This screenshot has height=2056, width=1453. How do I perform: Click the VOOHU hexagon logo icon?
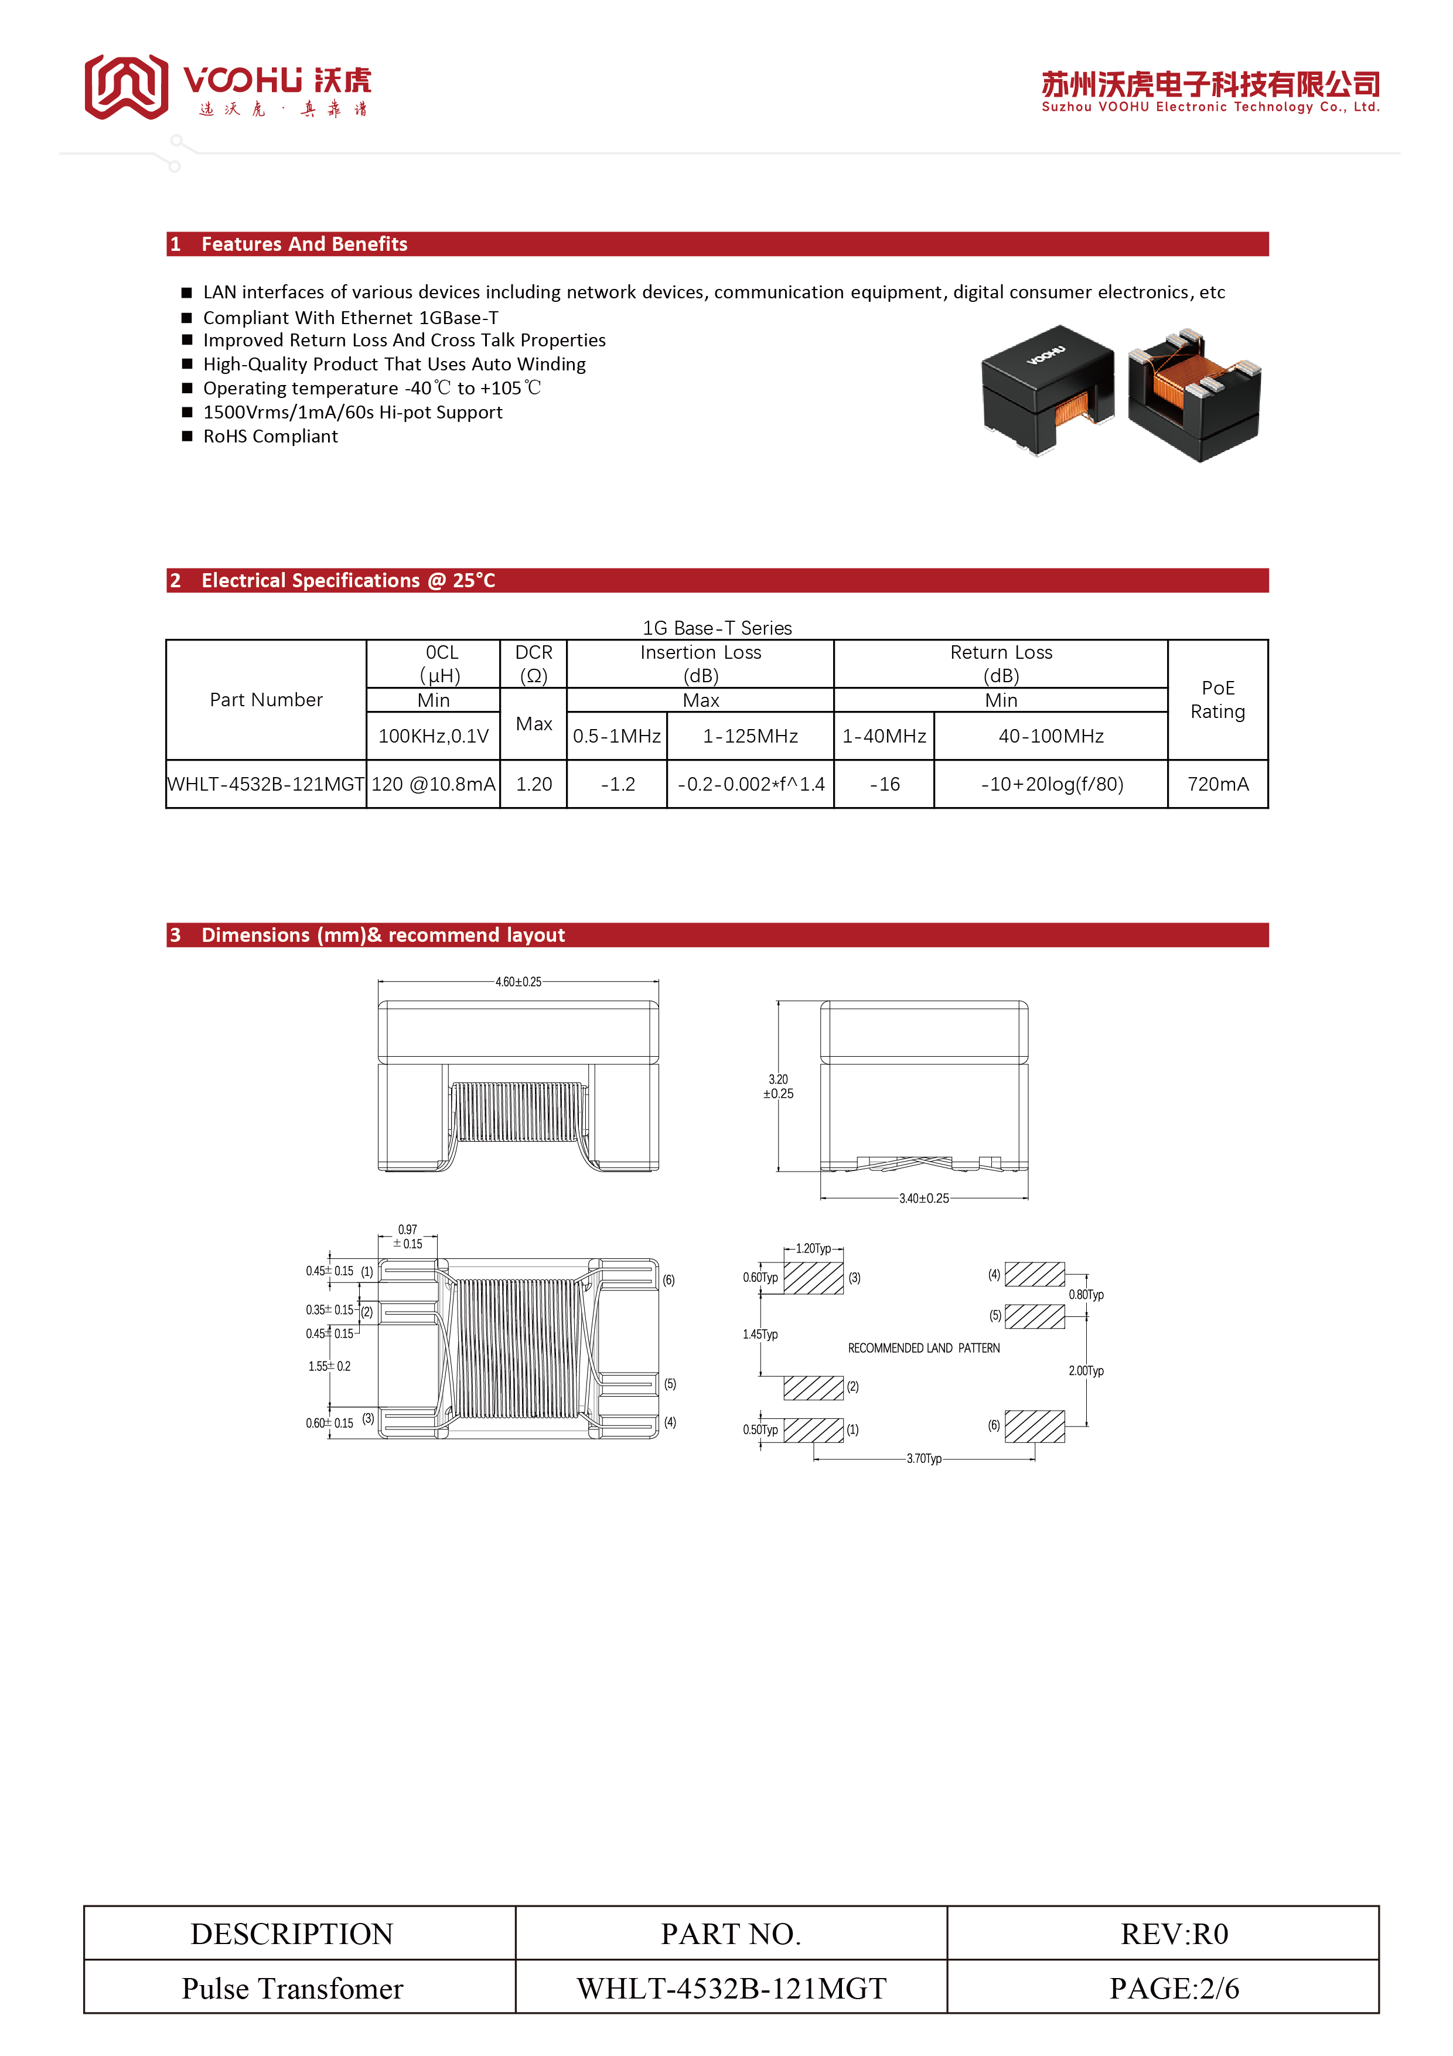pos(126,87)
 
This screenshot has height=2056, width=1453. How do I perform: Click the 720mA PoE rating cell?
pos(1217,784)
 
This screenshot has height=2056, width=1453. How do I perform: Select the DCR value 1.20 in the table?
pos(534,784)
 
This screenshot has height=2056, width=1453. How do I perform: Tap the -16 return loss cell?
pos(885,784)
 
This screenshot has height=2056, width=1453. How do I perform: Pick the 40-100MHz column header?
pos(1051,736)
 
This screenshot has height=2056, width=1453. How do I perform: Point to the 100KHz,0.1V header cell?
pos(434,736)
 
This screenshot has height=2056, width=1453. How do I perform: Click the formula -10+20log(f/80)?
pos(1052,784)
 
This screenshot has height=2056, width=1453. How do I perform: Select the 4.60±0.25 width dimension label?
pos(519,982)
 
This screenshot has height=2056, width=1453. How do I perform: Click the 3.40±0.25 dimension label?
pos(924,1198)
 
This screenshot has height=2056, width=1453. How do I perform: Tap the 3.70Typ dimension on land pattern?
pos(924,1459)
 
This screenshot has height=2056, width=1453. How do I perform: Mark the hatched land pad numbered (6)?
pos(1035,1427)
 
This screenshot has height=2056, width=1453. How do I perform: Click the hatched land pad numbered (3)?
pos(814,1278)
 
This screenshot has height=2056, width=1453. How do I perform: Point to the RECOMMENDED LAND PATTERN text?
pos(924,1347)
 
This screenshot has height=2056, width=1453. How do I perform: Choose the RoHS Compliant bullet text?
pos(270,437)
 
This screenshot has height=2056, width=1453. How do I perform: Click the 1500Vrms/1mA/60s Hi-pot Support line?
pos(353,413)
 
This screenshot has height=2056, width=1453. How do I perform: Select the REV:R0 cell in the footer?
pos(1174,1934)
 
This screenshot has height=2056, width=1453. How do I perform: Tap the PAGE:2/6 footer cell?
pos(1174,1989)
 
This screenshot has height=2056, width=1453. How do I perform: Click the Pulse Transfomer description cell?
pos(293,1989)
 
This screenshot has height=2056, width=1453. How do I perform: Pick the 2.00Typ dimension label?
pos(1086,1371)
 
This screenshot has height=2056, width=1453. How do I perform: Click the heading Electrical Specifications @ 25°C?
pos(348,580)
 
